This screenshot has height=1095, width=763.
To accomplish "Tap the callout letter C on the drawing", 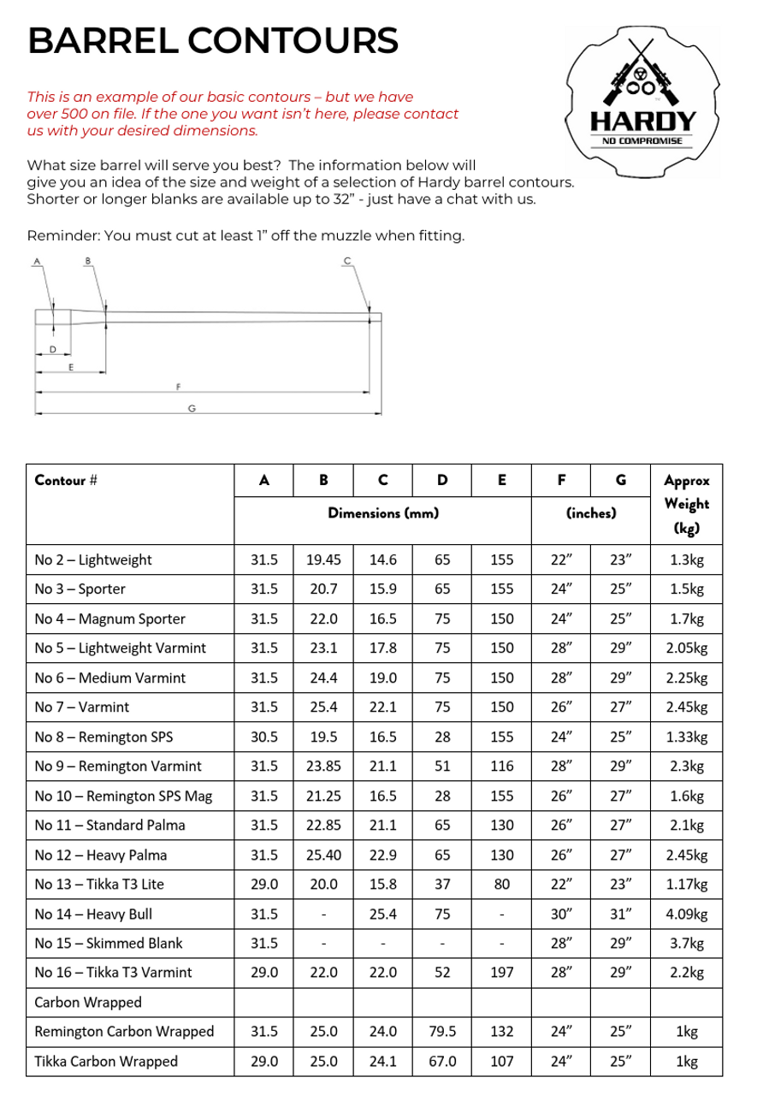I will click(346, 260).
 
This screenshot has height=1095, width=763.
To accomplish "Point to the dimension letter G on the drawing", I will click(192, 408).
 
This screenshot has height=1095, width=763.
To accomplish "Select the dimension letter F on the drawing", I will click(178, 387).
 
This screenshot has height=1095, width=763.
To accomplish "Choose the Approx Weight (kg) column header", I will click(687, 504).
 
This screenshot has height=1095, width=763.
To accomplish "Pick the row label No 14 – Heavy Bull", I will click(93, 914).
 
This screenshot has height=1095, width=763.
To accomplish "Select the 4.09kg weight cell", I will click(687, 914).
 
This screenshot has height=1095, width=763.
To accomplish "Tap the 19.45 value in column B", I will click(323, 560).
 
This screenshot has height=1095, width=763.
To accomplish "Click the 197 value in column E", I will click(501, 973).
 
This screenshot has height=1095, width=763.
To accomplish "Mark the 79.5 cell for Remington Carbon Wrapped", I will click(442, 1032).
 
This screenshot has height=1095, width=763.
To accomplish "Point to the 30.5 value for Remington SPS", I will click(264, 737).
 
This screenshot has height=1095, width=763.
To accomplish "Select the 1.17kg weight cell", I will click(687, 885).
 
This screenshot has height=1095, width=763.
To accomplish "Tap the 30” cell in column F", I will click(561, 914).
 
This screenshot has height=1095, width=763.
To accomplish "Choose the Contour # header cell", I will click(65, 480).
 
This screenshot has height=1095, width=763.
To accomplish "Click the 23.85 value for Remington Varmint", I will click(323, 766).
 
